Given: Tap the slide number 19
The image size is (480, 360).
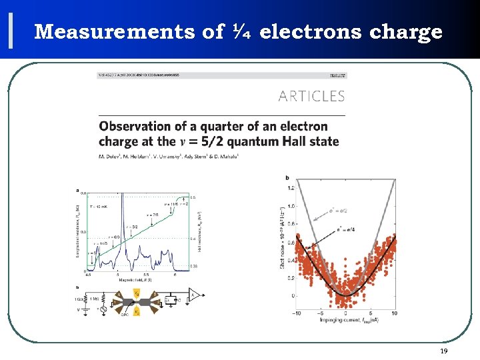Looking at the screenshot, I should point(443,351).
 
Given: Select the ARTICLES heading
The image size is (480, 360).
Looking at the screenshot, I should point(311,97).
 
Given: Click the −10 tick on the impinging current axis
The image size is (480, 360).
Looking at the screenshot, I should point(297,313).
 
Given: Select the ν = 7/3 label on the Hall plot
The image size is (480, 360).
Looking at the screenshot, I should point(154,215).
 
